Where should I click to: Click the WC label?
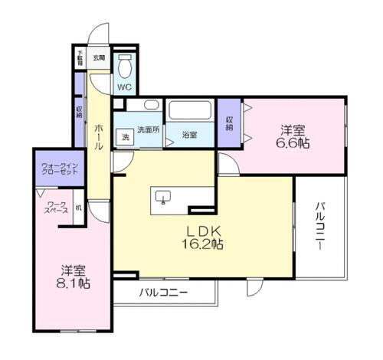tap(123, 87)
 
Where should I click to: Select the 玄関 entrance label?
tap(99, 57)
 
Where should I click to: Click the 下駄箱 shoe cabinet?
tap(80, 58)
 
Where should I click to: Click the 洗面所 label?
tap(149, 130)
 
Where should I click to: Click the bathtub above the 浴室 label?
tap(191, 112)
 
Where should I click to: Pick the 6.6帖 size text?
tap(294, 143)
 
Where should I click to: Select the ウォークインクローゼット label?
tap(58, 173)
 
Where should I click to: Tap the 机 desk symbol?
tap(78, 211)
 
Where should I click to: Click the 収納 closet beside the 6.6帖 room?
tap(230, 123)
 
